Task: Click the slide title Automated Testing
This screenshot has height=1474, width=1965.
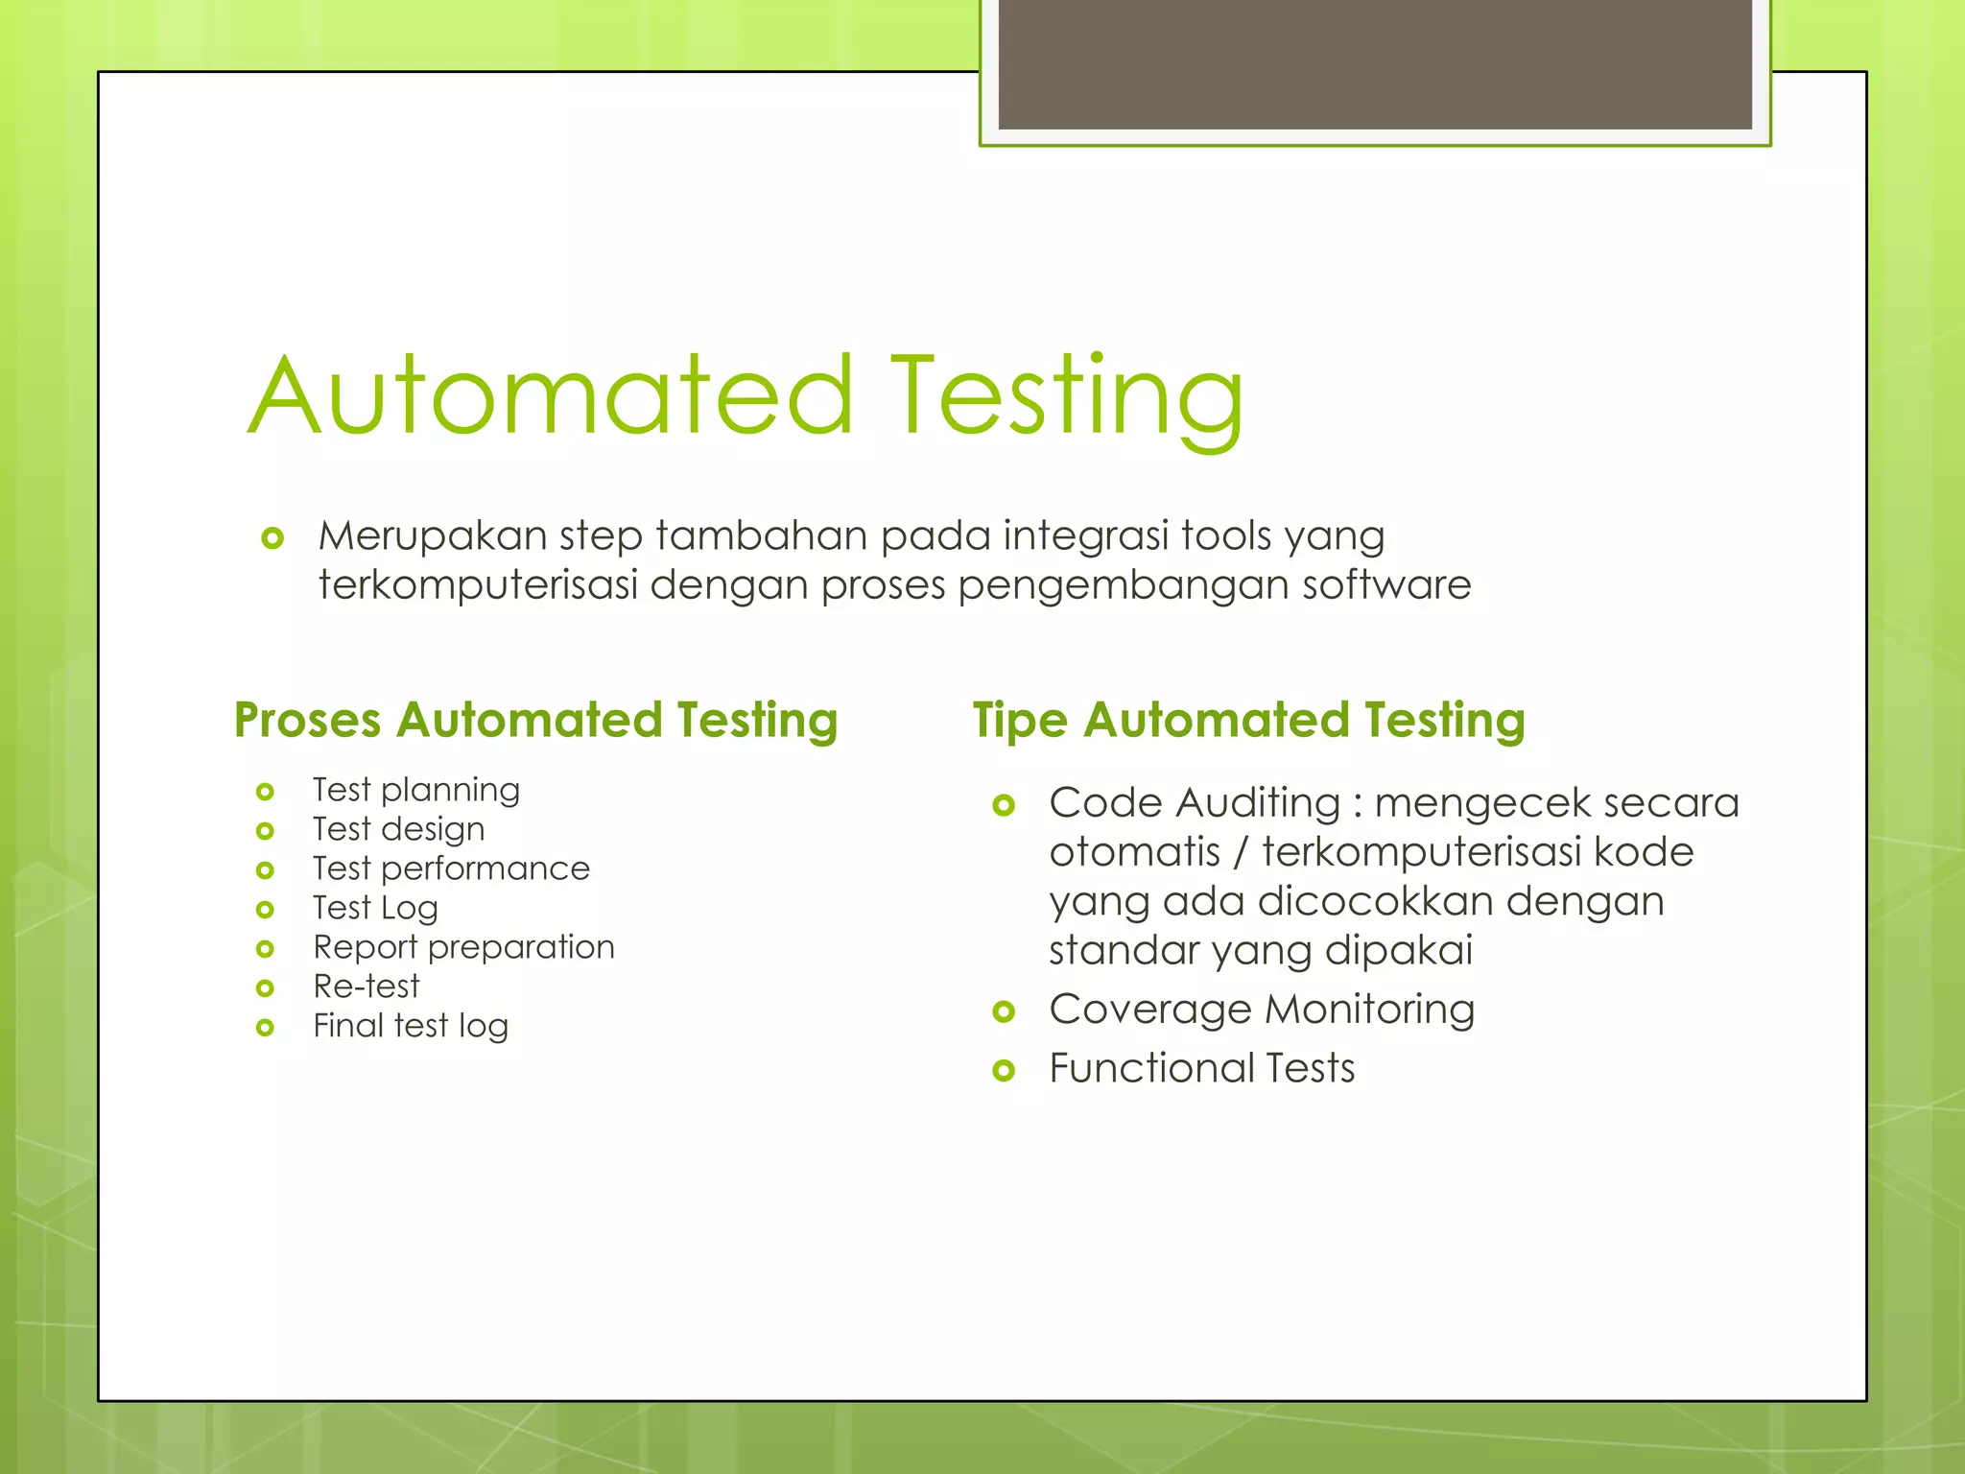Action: click(746, 395)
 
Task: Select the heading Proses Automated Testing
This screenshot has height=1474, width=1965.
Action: click(535, 720)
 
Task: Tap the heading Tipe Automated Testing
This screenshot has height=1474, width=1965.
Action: click(1248, 720)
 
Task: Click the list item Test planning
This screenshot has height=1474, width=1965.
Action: click(415, 790)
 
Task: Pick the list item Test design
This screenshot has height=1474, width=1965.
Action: click(398, 829)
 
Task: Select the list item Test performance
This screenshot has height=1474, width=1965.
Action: click(451, 868)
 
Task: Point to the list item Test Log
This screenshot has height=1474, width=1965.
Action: click(375, 908)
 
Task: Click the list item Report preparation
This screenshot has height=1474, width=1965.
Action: click(463, 947)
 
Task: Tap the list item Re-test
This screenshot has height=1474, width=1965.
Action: click(367, 987)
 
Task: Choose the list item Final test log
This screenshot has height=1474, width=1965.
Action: click(411, 1026)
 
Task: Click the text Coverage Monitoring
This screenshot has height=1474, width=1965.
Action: click(1261, 1010)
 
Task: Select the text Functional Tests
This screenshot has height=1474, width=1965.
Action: click(1201, 1068)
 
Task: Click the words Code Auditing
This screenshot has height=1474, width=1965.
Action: click(1194, 803)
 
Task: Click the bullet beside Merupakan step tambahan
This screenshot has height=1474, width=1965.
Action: click(272, 538)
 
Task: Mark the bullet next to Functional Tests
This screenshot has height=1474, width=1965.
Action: click(1004, 1070)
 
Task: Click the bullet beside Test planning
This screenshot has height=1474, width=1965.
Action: click(266, 792)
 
